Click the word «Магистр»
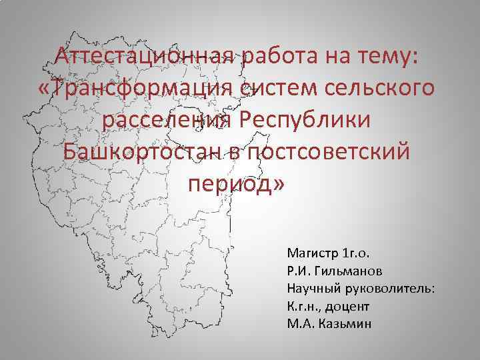click(311, 254)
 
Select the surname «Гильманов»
click(351, 272)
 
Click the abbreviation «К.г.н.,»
click(304, 307)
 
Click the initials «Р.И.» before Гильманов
click(298, 272)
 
